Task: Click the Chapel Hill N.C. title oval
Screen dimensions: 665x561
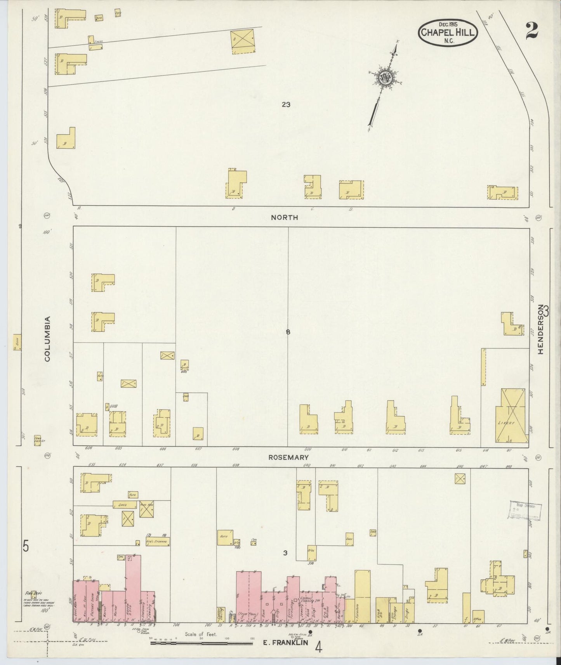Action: [x=448, y=33]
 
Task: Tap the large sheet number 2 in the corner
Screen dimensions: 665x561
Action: [x=531, y=30]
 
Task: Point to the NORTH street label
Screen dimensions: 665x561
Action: [x=285, y=218]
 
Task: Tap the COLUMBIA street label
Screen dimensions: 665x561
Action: [x=47, y=339]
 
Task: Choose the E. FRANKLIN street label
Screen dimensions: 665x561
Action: [x=285, y=642]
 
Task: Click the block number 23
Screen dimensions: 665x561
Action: [x=286, y=104]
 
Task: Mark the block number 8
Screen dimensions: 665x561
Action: [x=288, y=332]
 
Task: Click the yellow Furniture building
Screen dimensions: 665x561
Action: [x=362, y=597]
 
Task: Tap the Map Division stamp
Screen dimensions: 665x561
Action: [x=525, y=509]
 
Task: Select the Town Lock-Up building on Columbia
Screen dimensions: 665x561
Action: [x=37, y=440]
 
